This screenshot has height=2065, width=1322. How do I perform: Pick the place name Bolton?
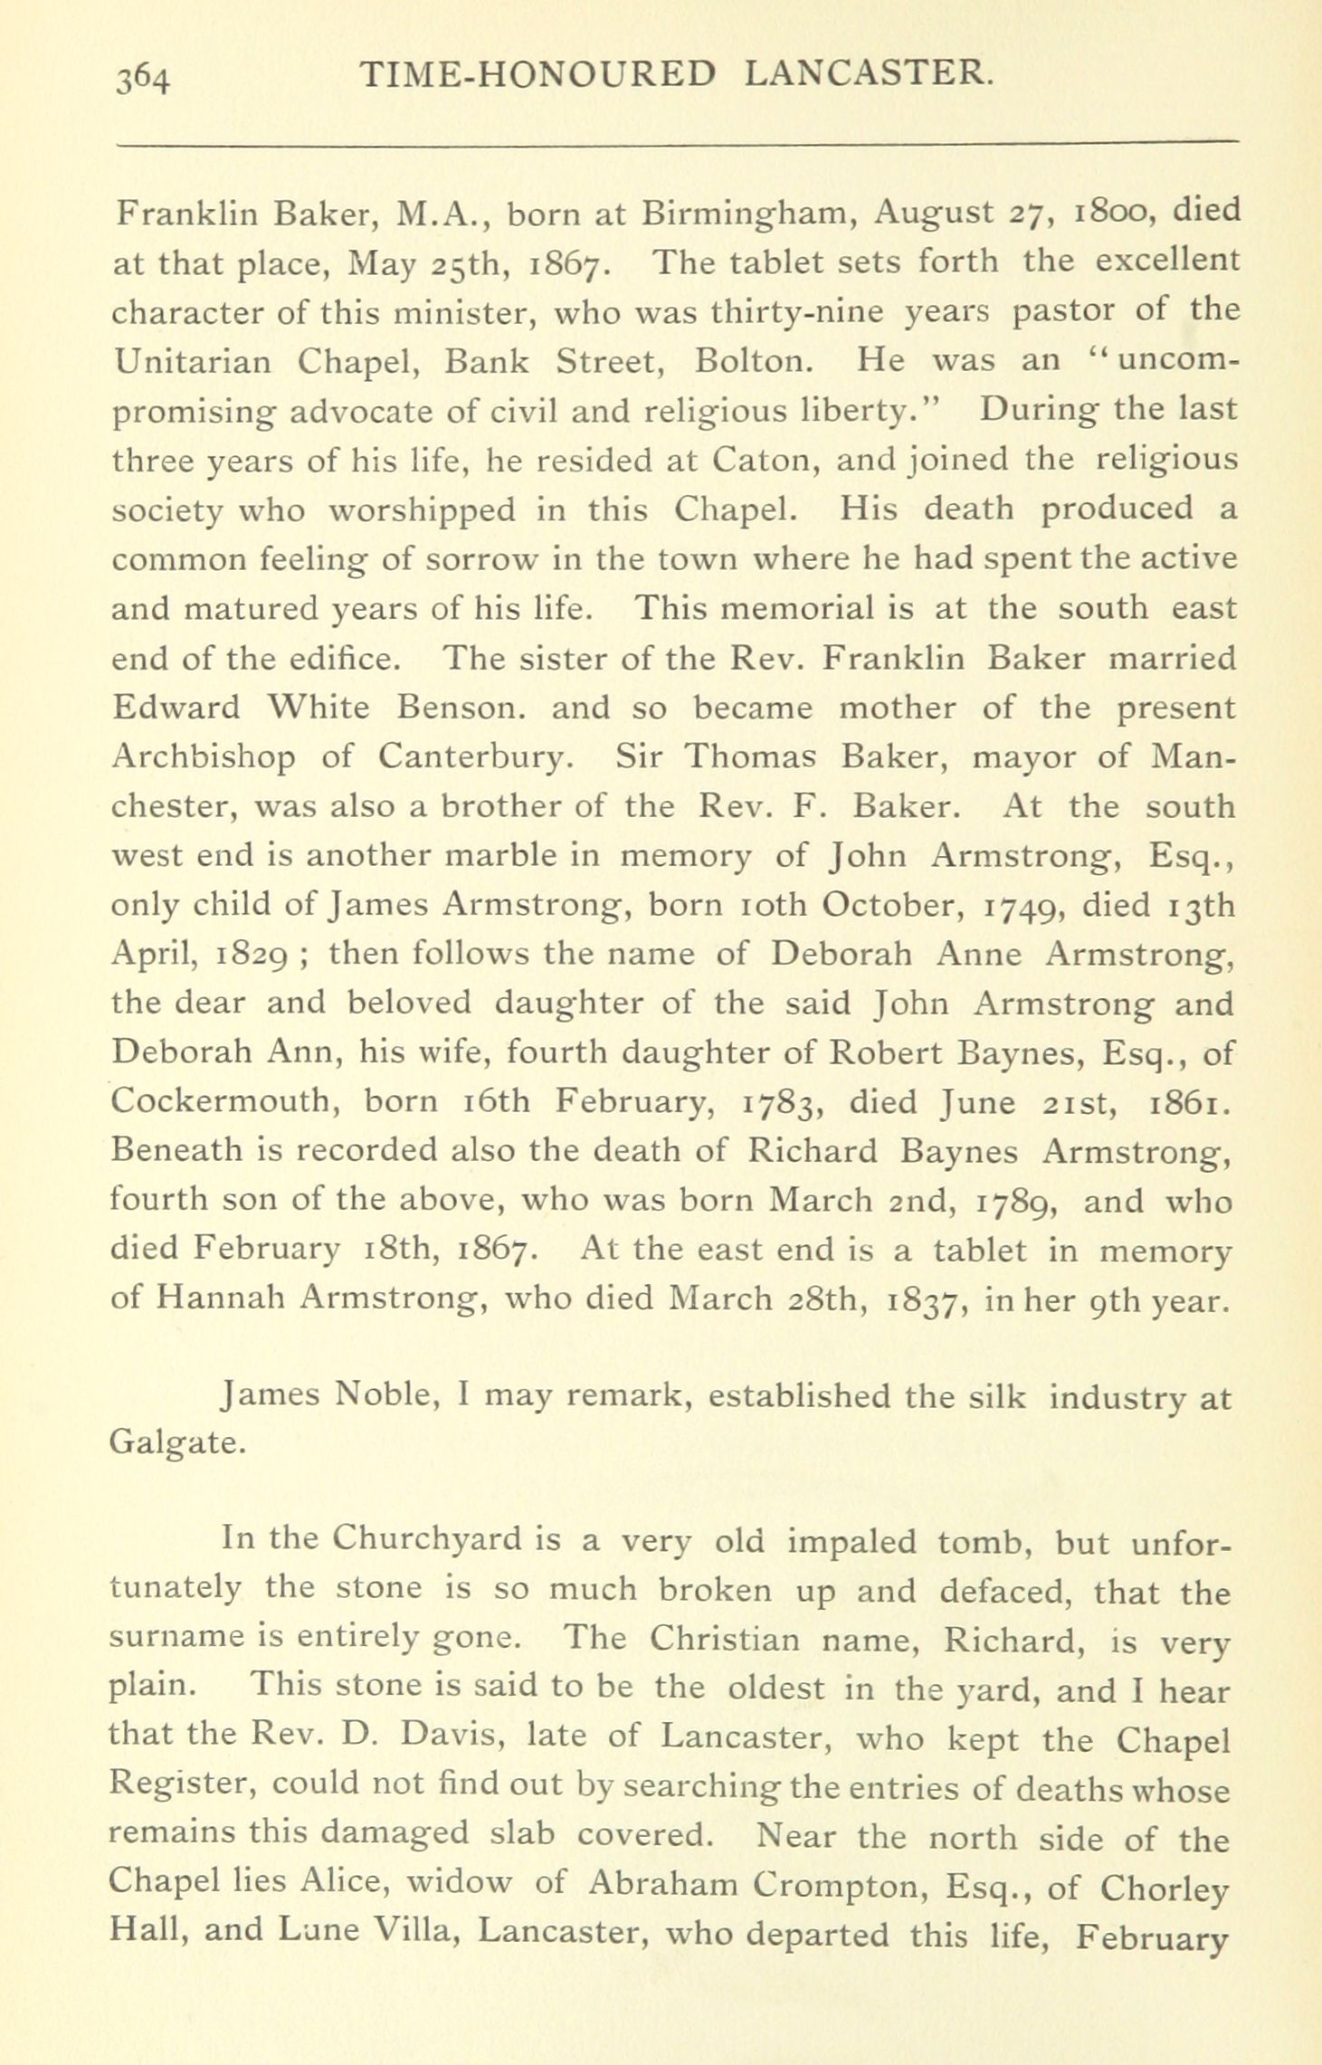756,361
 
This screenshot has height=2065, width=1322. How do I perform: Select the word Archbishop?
204,757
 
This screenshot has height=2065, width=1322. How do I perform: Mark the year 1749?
1012,906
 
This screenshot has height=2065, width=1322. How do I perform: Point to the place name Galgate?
176,1442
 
